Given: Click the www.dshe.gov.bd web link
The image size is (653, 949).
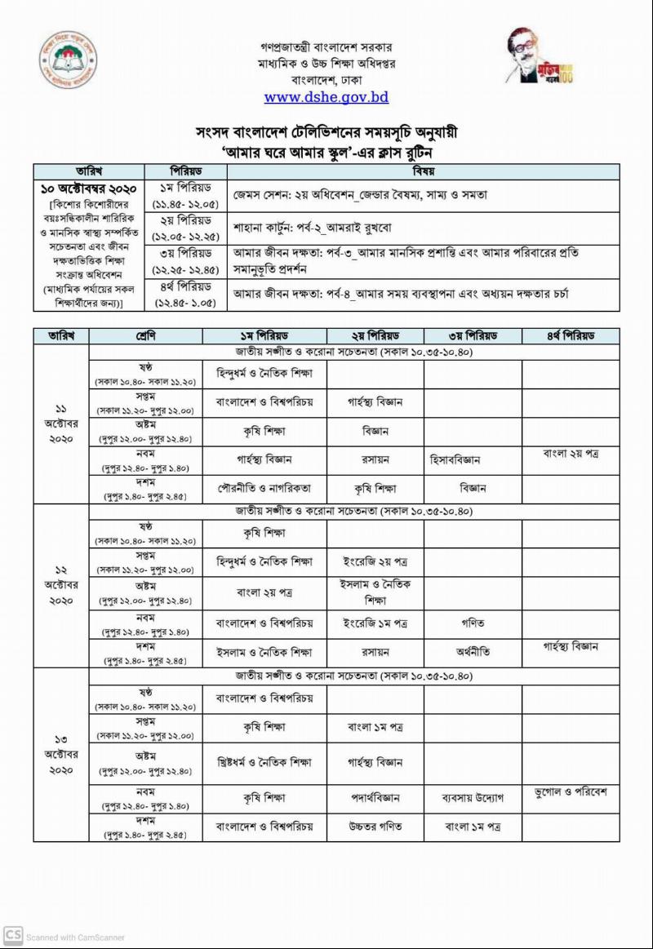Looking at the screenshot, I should tap(326, 97).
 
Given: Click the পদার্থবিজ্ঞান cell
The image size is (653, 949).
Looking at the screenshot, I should tap(375, 797).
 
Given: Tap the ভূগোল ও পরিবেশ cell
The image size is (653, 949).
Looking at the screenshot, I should tap(571, 792).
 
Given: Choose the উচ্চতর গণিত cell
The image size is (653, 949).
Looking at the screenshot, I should tap(375, 827).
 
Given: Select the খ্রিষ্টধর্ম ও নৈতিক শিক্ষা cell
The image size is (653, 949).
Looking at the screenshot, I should tap(264, 762).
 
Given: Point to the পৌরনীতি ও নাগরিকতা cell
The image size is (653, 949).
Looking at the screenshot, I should tap(264, 488).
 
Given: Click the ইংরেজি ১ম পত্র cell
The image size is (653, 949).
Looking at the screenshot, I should tap(375, 623).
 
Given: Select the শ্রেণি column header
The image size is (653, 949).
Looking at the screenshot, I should tap(145, 336).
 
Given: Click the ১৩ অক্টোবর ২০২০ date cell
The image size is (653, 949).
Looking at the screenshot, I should tap(61, 755).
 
